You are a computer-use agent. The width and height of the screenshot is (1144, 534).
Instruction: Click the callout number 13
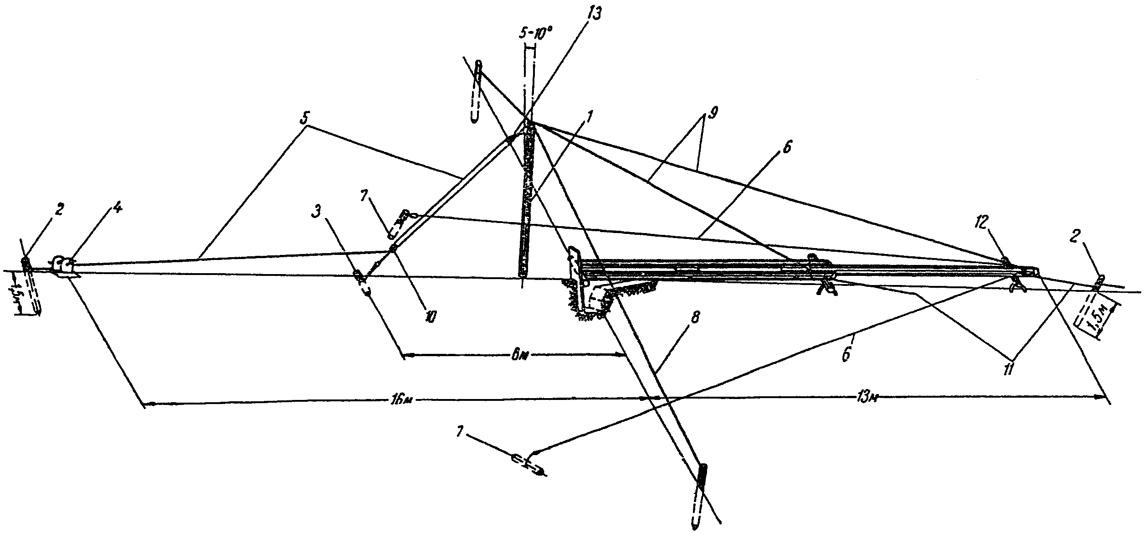[x=593, y=14]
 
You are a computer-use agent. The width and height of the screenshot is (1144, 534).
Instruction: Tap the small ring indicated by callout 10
[x=393, y=249]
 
